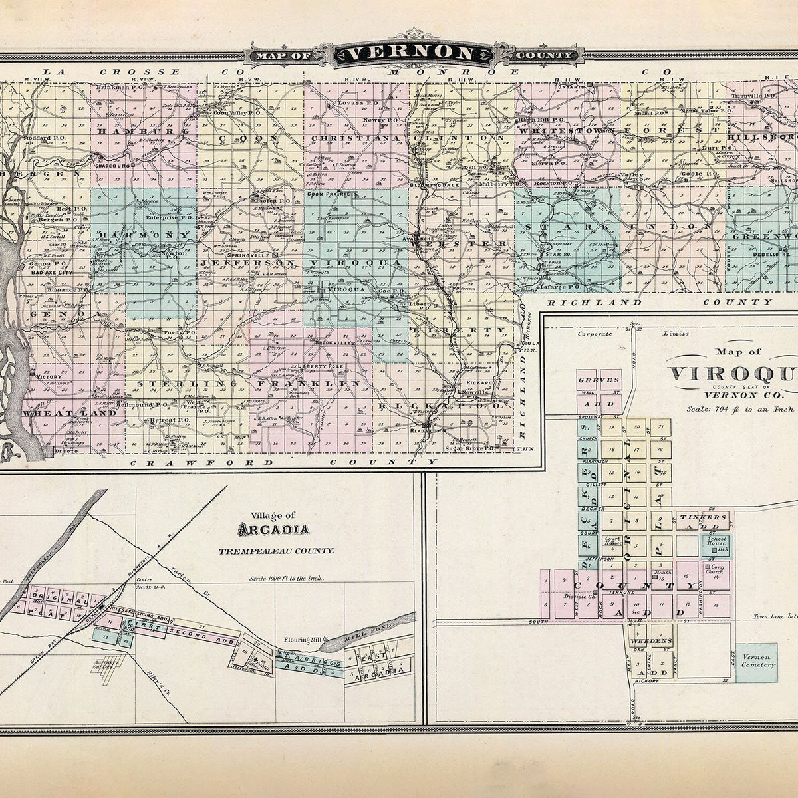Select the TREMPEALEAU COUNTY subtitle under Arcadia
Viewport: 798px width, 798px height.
click(x=277, y=551)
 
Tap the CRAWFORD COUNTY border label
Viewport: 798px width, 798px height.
click(x=283, y=461)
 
